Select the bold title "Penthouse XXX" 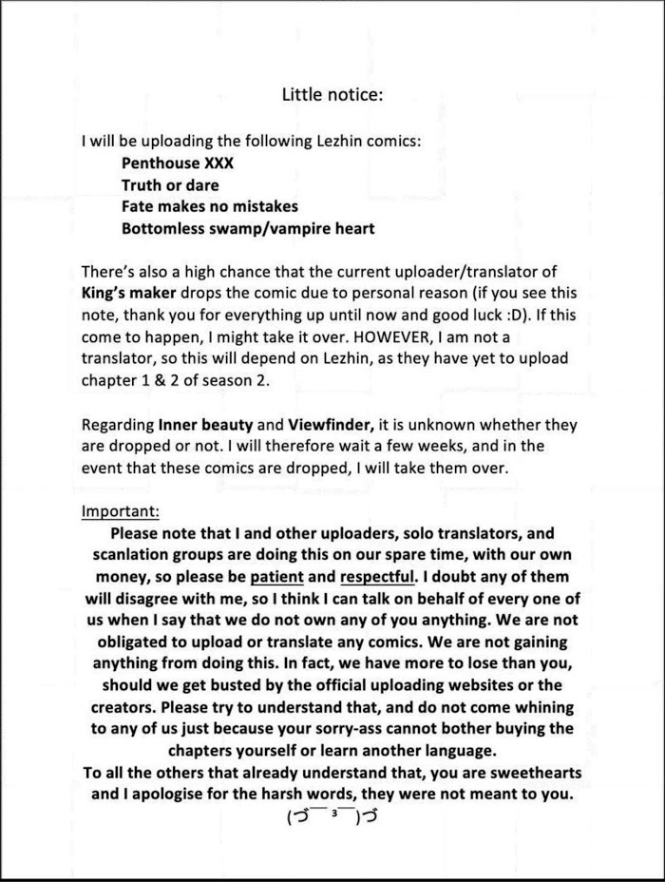178,163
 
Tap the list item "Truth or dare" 170,184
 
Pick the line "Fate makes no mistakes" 210,206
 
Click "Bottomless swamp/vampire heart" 248,228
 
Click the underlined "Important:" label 121,511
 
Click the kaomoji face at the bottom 332,816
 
